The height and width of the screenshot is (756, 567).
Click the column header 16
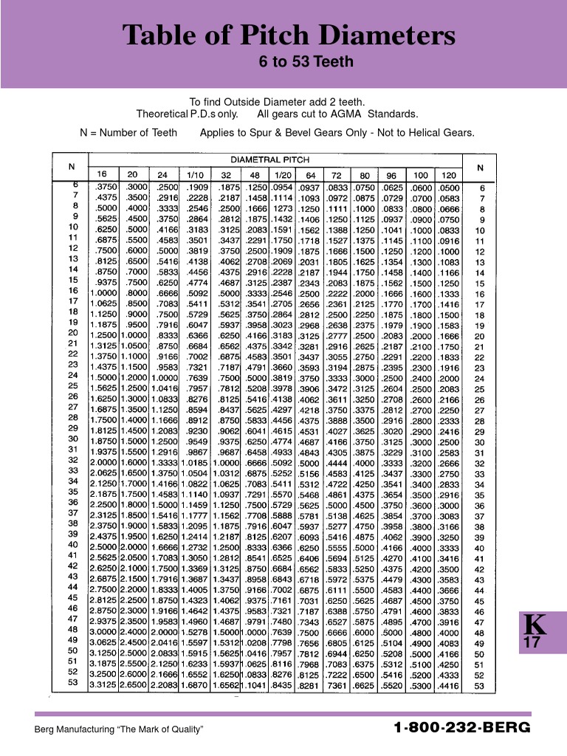tap(102, 174)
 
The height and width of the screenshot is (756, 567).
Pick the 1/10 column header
tap(195, 174)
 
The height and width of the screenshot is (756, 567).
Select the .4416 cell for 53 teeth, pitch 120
tap(448, 685)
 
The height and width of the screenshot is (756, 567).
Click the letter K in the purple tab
tap(535, 625)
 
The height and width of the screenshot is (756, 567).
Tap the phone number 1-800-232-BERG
tap(462, 728)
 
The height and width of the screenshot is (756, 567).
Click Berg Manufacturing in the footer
tap(74, 729)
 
